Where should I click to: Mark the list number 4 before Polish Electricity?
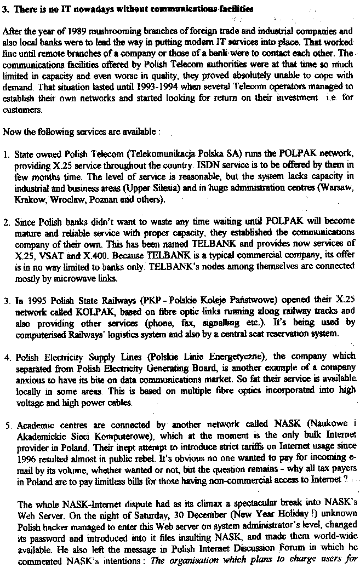(7, 358)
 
